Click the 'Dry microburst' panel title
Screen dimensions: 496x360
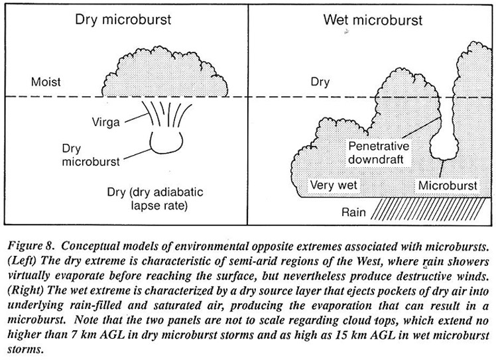tap(123, 20)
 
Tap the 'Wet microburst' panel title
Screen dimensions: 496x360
tap(373, 21)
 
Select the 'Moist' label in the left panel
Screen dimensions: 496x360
tap(46, 82)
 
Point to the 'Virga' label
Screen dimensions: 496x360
tap(105, 122)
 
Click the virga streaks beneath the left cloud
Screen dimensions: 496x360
tap(168, 114)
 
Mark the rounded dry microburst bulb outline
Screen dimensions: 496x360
tap(166, 153)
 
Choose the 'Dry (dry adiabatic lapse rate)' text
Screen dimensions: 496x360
tap(155, 199)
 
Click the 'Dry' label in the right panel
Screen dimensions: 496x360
tap(320, 82)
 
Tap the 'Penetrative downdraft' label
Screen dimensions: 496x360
tap(379, 152)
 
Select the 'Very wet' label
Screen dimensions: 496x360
tap(334, 185)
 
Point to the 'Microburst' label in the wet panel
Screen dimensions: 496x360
tap(448, 186)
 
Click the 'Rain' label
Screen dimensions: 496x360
tap(353, 212)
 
